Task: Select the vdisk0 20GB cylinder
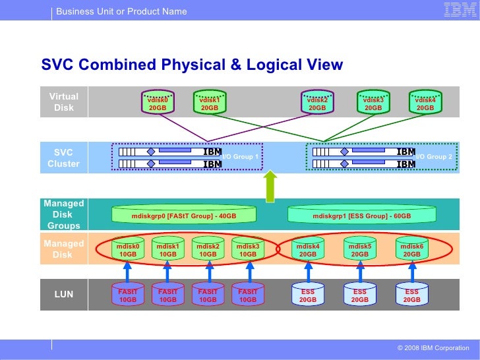[x=157, y=103]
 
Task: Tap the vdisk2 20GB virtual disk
[x=317, y=103]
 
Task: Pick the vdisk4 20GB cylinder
[x=425, y=103]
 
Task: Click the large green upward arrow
[x=270, y=187]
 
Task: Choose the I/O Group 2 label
[x=433, y=157]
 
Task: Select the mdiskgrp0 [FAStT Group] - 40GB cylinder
[x=184, y=215]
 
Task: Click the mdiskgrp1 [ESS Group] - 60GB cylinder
[x=361, y=215]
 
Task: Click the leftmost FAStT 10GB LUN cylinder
[x=128, y=294]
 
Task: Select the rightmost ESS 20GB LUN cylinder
[x=412, y=294]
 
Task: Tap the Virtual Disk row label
[x=63, y=102]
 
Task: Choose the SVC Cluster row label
[x=63, y=158]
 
